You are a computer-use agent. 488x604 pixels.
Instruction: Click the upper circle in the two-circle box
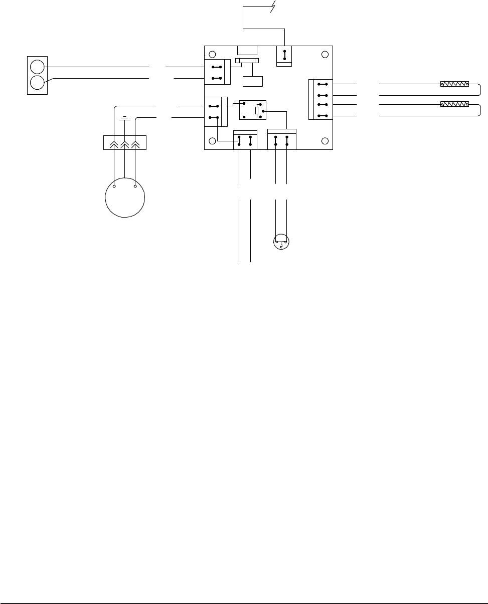point(37,66)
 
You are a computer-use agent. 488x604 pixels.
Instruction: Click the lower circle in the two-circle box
point(37,83)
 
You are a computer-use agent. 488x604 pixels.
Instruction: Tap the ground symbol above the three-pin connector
point(124,119)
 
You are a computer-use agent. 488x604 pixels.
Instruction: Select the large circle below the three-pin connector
point(125,197)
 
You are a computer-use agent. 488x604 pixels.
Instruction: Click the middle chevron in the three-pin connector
point(124,143)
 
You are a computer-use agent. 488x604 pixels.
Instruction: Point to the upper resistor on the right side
point(454,84)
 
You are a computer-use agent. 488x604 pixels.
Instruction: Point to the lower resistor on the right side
point(454,105)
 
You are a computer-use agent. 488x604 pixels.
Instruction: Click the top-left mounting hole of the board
point(213,54)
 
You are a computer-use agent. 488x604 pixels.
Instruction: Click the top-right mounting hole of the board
point(325,54)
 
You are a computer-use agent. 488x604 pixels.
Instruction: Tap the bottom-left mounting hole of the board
point(213,141)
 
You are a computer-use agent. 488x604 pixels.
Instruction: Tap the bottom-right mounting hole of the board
point(325,141)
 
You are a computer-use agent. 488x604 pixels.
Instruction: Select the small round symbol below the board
point(281,242)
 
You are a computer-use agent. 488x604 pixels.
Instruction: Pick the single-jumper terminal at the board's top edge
point(284,55)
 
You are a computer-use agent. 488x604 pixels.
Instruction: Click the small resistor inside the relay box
point(257,110)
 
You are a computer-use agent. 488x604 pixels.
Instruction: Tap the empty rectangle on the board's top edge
point(247,50)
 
